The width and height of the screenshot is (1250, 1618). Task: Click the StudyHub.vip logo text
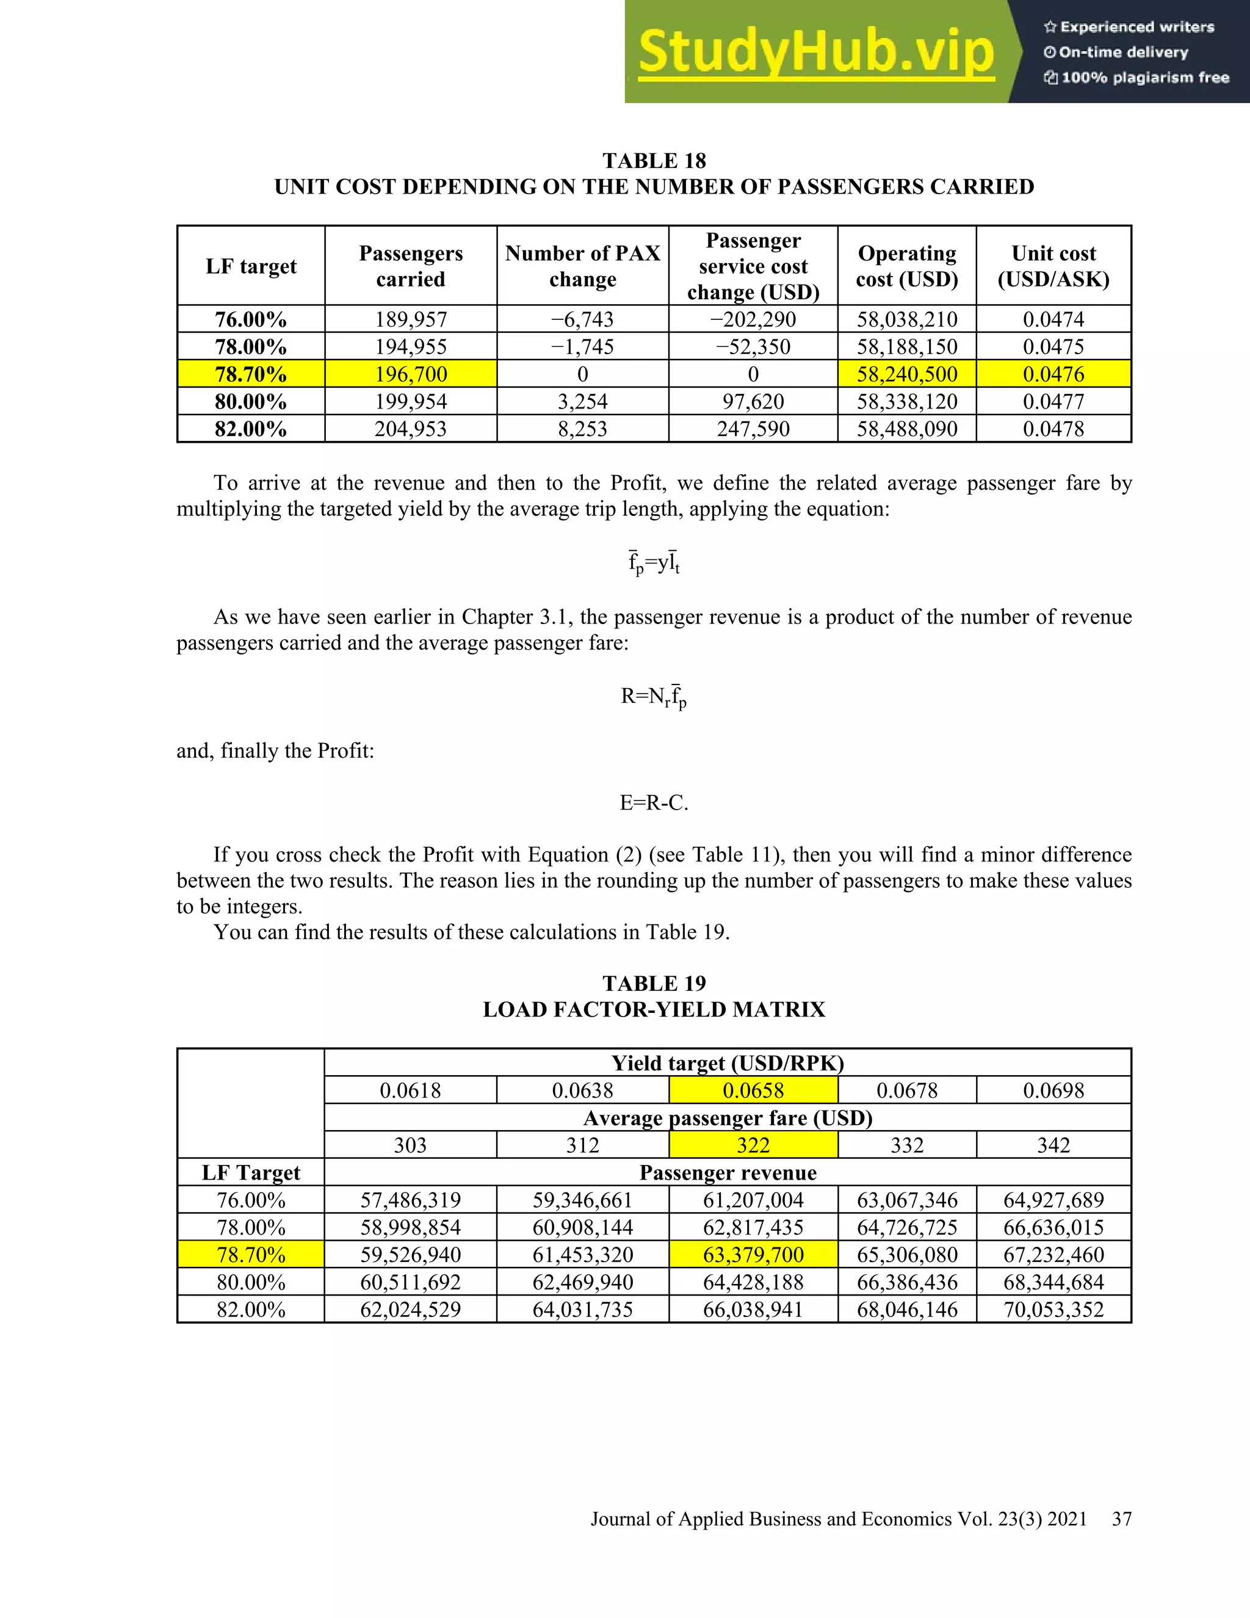coord(815,52)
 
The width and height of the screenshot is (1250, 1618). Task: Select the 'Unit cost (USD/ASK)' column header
coord(1053,266)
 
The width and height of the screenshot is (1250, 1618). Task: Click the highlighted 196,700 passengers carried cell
coord(410,374)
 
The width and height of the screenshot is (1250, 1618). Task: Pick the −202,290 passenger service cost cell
coord(753,319)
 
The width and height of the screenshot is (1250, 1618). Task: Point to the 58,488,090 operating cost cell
coord(906,429)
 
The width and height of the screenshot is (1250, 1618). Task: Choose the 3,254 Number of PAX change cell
coord(582,402)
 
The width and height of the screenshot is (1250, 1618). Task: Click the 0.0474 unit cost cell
coord(1053,319)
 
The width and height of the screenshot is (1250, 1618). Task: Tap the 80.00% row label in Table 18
coord(250,402)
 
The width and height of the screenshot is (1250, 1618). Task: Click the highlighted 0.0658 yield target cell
coord(753,1090)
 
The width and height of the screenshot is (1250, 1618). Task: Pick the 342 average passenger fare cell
coord(1053,1145)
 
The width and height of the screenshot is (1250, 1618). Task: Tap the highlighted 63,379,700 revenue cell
coord(753,1255)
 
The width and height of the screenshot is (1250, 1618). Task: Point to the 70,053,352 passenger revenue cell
coord(1053,1310)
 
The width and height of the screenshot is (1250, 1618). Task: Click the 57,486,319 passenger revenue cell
coord(410,1200)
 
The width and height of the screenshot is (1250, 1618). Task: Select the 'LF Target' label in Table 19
coord(250,1173)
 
